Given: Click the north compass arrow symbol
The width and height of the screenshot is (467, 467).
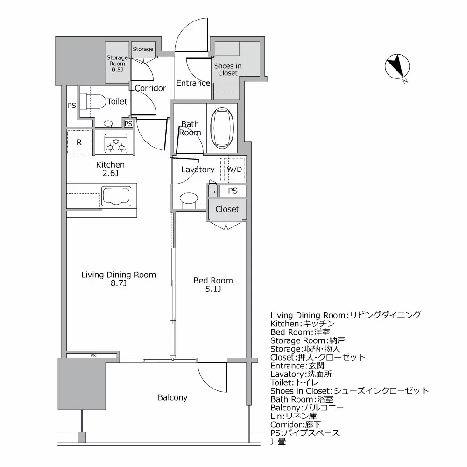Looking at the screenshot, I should pos(397,67).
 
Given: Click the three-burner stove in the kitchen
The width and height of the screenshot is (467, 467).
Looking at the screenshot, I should pos(115,142).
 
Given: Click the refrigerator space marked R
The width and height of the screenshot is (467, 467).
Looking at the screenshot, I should pos(79,142).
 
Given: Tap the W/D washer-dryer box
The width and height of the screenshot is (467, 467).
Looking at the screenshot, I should pos(234,170).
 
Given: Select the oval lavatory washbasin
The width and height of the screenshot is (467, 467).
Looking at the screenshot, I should pos(189,198).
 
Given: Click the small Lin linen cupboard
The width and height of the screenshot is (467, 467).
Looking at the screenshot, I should pos(212,191).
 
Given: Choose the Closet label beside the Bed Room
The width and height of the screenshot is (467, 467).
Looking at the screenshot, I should pos(227,209).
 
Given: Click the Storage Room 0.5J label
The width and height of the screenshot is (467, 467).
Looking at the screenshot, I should pos(117,64).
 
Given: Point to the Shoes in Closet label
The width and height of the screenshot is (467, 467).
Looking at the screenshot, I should pos(227,69).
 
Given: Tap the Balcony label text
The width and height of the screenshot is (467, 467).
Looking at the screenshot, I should pos(172,397).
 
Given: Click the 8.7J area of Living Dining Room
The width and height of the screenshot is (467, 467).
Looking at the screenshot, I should pos(118,283).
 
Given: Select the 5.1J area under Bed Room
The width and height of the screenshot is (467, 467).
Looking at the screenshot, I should pos(213,289).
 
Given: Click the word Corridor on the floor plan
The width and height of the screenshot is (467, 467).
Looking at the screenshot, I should pos(150,88).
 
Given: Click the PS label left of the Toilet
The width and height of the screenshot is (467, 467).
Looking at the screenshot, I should pos(71,106).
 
